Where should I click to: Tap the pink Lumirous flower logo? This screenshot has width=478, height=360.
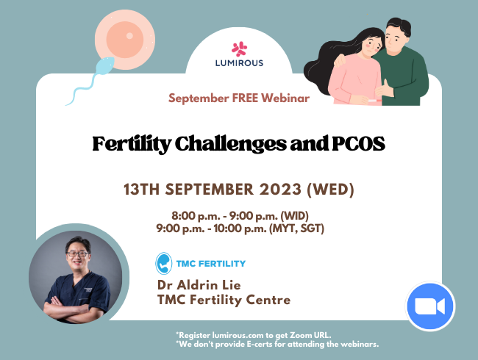(x=240, y=48)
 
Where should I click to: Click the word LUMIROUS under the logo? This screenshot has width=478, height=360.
(x=240, y=63)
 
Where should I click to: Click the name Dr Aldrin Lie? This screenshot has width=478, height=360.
(x=201, y=284)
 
